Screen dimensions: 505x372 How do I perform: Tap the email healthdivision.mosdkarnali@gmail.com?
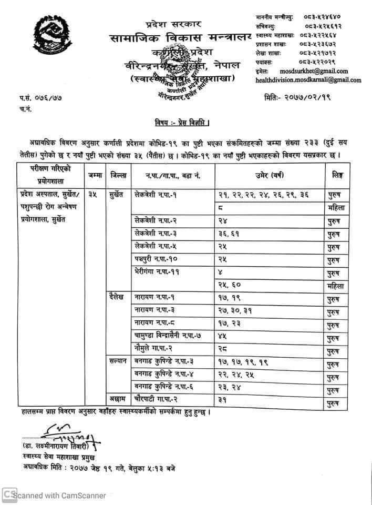(308, 80)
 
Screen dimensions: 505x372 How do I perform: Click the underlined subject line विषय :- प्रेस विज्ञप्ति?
(182, 124)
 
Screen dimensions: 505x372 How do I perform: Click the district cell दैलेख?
(117, 297)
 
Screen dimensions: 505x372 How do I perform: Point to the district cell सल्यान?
(118, 361)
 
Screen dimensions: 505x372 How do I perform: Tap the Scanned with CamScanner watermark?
(55, 495)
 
